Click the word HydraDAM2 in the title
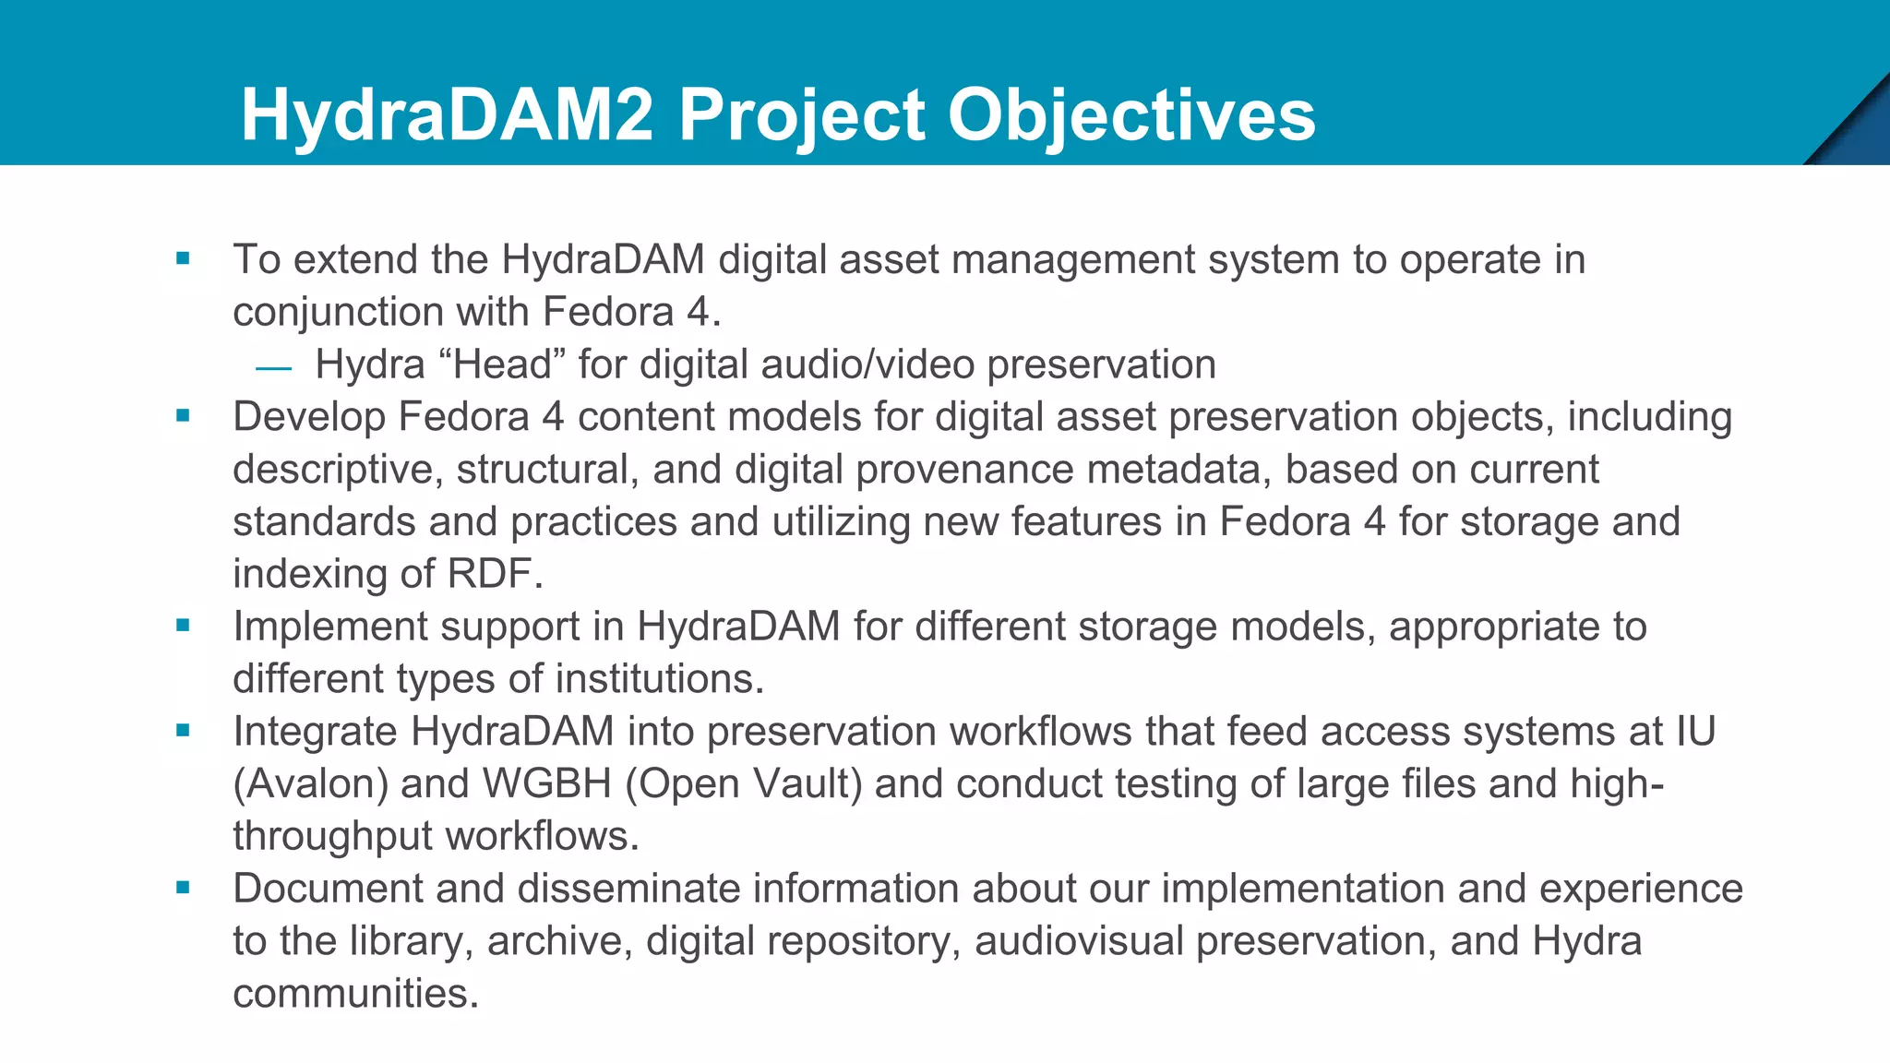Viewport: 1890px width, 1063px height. click(447, 115)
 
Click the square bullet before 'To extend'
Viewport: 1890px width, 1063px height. click(183, 259)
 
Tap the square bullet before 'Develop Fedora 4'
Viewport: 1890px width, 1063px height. click(183, 417)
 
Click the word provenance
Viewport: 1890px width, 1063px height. click(964, 470)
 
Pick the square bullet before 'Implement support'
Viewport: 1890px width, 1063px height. click(183, 627)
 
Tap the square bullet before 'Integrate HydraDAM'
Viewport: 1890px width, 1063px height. click(183, 732)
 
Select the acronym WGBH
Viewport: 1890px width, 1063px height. click(547, 784)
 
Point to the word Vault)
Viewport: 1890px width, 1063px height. click(807, 784)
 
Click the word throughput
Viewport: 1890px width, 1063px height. click(332, 837)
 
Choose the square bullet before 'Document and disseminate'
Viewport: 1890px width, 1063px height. click(183, 889)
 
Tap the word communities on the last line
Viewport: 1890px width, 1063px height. click(355, 994)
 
